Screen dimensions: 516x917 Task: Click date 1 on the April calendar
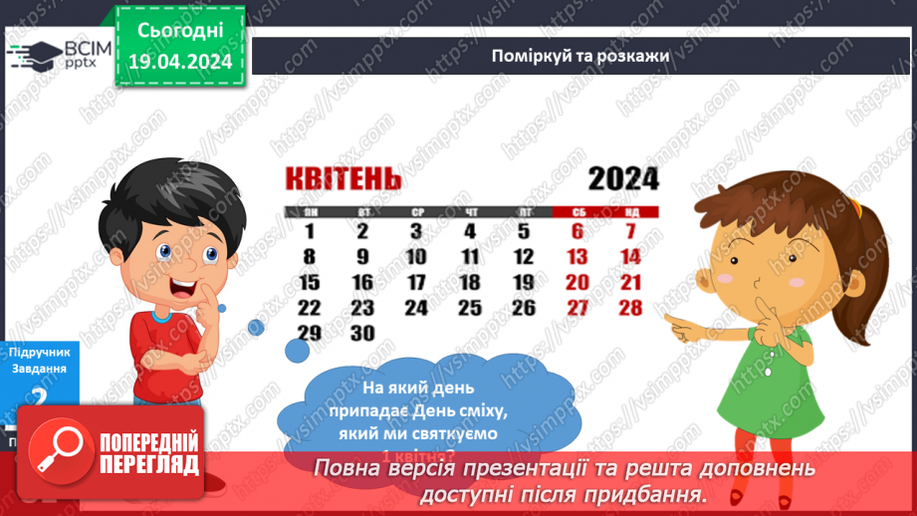(310, 232)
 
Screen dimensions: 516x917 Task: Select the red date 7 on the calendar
(630, 232)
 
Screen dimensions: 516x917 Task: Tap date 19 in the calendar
(524, 283)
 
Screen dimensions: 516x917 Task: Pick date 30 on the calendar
(362, 334)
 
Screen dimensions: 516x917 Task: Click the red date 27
(576, 308)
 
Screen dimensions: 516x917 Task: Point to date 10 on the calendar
(416, 257)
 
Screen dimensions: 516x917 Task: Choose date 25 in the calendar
(470, 308)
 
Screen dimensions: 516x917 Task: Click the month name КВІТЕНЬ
(344, 179)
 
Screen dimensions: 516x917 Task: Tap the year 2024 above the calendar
(623, 179)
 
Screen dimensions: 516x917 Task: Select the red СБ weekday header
(577, 212)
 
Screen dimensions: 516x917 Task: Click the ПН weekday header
(311, 212)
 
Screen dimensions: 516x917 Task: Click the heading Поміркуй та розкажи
(579, 56)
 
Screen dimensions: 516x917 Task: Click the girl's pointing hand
(684, 322)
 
